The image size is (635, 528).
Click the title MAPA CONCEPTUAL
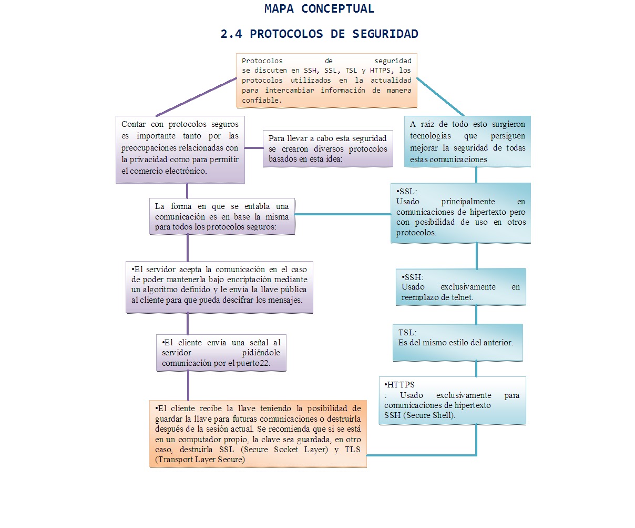(x=319, y=9)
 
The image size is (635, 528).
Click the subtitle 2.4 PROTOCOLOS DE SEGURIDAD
(x=319, y=34)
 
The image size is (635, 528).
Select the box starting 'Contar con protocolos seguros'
(x=180, y=150)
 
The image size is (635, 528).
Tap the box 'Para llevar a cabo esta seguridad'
(x=327, y=148)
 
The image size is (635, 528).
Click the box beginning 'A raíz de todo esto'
(x=467, y=142)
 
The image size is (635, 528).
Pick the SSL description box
(x=460, y=213)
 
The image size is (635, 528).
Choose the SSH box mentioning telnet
(x=460, y=287)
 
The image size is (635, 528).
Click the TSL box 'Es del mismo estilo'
(x=457, y=342)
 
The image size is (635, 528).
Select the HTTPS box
(x=452, y=400)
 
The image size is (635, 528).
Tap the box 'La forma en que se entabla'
(x=222, y=216)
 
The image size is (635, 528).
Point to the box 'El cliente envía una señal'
(x=221, y=353)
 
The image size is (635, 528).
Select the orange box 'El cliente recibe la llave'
(x=258, y=434)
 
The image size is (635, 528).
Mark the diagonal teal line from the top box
(x=441, y=97)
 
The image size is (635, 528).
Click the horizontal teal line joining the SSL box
(x=343, y=214)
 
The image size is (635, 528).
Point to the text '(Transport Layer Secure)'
(x=200, y=460)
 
